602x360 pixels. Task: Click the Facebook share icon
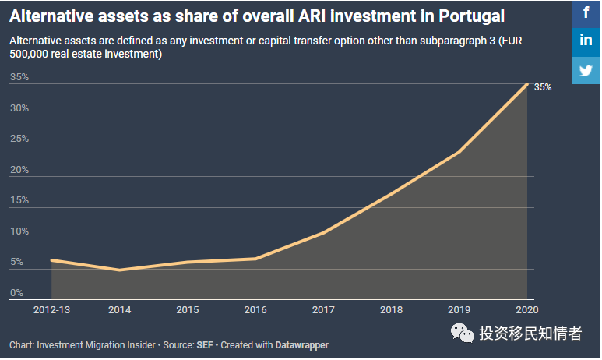tap(586, 12)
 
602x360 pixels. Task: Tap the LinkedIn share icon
tap(586, 41)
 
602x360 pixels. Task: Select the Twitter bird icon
tap(586, 69)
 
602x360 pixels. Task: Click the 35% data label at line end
tap(543, 87)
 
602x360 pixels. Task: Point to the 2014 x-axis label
tap(119, 310)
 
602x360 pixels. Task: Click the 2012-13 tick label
tap(51, 310)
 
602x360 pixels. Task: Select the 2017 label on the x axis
tap(323, 310)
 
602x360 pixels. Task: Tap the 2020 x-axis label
tap(527, 310)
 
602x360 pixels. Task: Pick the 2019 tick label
tap(459, 310)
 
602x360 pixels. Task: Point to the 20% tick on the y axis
tap(19, 170)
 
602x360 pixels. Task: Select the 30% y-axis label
tap(19, 108)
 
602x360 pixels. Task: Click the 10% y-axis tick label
tap(19, 231)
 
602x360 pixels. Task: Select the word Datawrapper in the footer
tap(301, 344)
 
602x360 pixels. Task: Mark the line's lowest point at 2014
tap(119, 270)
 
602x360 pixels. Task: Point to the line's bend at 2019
tap(459, 151)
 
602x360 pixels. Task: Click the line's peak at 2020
tap(527, 84)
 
